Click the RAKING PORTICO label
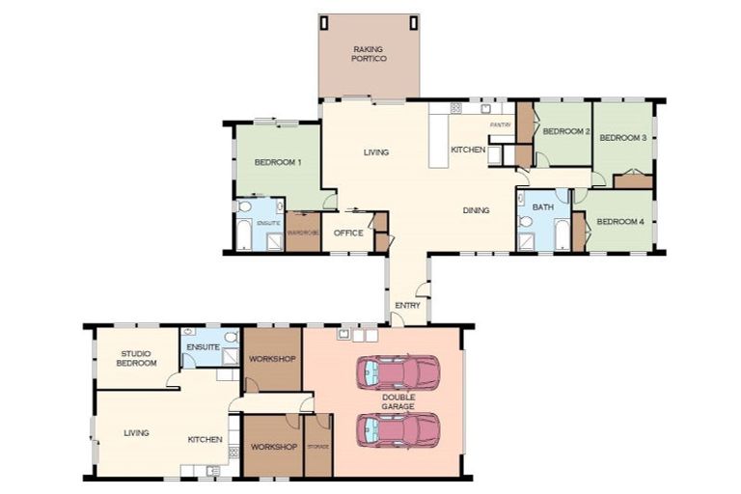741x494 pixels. click(x=369, y=53)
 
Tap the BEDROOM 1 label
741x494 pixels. click(x=278, y=162)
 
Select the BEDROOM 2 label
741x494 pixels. click(x=565, y=131)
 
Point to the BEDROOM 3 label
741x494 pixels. click(x=622, y=138)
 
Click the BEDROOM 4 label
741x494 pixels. click(x=619, y=222)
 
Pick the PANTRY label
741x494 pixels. click(x=500, y=124)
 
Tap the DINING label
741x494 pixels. click(x=477, y=210)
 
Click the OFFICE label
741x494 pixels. click(x=348, y=233)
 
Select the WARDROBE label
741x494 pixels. click(x=303, y=233)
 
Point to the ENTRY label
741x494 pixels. click(x=406, y=306)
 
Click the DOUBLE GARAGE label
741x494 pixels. click(x=398, y=401)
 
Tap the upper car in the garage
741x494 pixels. click(x=398, y=372)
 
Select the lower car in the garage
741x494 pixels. click(x=398, y=429)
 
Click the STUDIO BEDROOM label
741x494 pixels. click(x=138, y=358)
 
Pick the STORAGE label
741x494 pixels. click(x=318, y=447)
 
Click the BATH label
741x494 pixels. click(x=542, y=206)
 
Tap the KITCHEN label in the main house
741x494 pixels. click(x=468, y=150)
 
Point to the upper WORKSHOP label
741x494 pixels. click(x=271, y=358)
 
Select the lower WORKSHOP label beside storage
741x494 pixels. click(x=273, y=447)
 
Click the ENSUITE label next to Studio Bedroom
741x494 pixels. click(x=204, y=345)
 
